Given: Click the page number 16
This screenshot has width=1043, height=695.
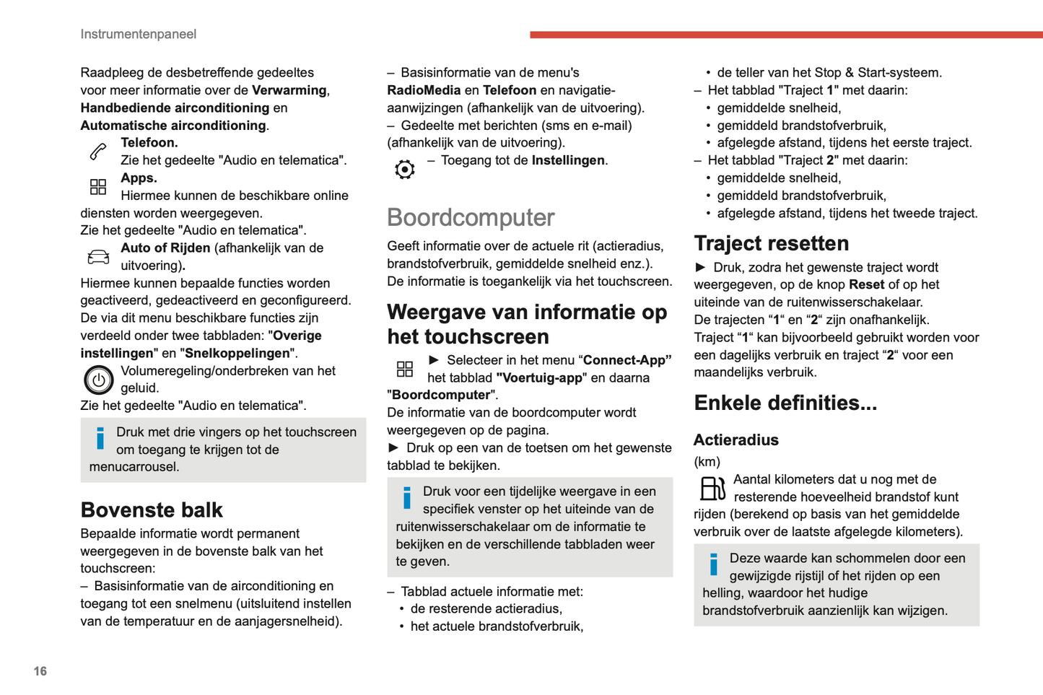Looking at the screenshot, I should click(x=40, y=671).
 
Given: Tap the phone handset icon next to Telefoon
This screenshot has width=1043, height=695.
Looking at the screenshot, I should click(x=98, y=152).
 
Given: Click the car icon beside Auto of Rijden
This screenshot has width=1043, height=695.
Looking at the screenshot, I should click(x=98, y=257).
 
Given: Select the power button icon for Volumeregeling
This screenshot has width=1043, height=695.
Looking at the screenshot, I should click(x=99, y=380).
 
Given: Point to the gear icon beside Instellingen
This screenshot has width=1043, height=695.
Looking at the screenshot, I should click(x=405, y=170).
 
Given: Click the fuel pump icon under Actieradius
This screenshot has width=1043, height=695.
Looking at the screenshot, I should click(x=712, y=489).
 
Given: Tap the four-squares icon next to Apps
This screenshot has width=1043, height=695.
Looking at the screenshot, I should click(x=98, y=188).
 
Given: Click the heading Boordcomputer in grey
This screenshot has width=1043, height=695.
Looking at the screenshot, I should click(x=471, y=217).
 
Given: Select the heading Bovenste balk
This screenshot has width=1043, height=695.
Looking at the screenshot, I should click(x=152, y=510).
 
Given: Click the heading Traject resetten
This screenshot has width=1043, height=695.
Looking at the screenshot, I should click(x=771, y=243).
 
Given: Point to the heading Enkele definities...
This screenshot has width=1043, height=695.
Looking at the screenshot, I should click(x=785, y=403).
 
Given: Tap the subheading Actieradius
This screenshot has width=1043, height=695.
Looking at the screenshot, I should click(x=736, y=440).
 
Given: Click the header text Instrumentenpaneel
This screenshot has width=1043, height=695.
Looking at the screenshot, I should click(x=138, y=34).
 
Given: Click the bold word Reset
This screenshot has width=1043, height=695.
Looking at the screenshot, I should click(x=866, y=285).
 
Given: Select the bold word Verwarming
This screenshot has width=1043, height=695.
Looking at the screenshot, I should click(x=289, y=90).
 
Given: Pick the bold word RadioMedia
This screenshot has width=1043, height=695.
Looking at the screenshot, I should click(x=424, y=90).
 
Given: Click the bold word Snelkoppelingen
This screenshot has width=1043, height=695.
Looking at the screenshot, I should click(x=237, y=354).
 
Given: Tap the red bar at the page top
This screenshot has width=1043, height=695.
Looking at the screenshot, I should click(x=786, y=35).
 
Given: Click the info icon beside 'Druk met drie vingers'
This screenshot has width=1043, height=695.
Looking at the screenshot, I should click(x=100, y=438).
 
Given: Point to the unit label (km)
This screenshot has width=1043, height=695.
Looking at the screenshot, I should click(x=707, y=462).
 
